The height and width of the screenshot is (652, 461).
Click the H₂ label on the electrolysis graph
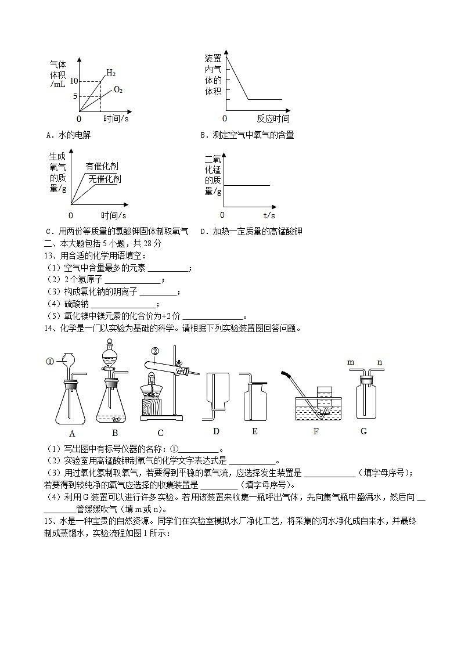tap(111, 73)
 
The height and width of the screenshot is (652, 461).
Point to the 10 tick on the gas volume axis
tap(74, 80)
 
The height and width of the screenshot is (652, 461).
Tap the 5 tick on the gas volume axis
tap(75, 96)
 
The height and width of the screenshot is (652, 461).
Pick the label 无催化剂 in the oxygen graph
tap(105, 179)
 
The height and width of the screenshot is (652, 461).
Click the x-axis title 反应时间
tap(273, 118)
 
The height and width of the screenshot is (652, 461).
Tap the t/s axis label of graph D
tap(268, 214)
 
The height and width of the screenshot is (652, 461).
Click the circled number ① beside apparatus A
tap(49, 361)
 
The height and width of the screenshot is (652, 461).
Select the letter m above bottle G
tap(351, 362)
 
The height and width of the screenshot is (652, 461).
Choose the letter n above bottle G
tap(380, 362)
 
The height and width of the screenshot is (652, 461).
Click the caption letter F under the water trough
tap(316, 431)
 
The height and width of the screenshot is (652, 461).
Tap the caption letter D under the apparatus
tap(216, 431)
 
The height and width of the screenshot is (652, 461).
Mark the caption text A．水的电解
tap(68, 135)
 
